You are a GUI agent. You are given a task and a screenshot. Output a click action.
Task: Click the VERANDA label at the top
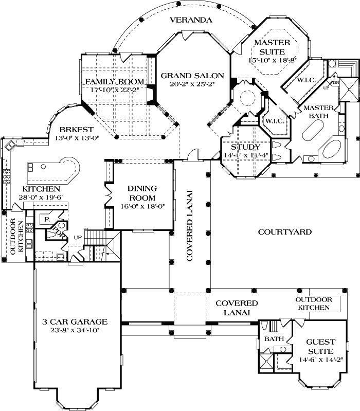(192, 21)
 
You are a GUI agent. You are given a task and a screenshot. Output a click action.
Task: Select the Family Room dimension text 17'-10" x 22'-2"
(114, 90)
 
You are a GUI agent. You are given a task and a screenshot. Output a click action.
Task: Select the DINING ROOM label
(140, 194)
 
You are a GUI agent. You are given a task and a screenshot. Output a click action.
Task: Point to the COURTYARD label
(284, 232)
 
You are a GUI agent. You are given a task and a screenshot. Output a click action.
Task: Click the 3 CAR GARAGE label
(75, 322)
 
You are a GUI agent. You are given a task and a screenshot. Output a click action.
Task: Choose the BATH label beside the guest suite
(273, 339)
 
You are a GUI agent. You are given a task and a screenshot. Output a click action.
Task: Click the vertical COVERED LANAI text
(190, 226)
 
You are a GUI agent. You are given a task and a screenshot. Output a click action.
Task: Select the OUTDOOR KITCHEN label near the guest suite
(313, 303)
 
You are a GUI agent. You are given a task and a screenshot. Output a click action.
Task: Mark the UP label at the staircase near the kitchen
(78, 238)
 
